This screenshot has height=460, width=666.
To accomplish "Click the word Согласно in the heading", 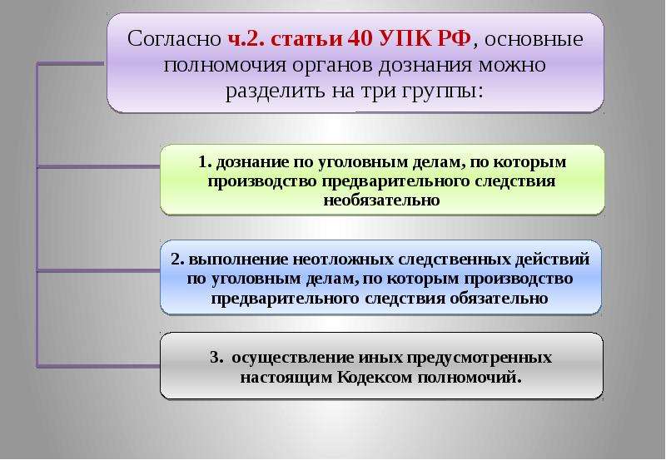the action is tap(174, 38).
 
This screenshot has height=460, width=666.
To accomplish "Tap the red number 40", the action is tap(360, 38).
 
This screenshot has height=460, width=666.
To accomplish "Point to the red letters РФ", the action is tap(454, 38).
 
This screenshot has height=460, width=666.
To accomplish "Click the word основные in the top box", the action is tap(534, 39).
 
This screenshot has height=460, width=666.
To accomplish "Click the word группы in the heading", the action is tap(440, 92).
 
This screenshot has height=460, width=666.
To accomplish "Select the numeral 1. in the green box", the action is tap(205, 161).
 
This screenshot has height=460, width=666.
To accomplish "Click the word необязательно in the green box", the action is tap(381, 200).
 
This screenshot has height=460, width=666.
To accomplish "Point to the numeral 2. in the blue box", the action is tap(177, 259).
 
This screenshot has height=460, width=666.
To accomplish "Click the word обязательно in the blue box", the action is tap(499, 298).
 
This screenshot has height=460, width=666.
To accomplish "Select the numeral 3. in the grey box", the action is tap(216, 357).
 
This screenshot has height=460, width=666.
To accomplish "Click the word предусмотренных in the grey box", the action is tap(480, 358).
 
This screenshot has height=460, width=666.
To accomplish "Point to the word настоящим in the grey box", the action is tap(286, 378).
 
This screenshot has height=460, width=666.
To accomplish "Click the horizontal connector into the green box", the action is tap(99, 166).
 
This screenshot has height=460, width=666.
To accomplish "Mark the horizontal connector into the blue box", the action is tap(99, 270).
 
